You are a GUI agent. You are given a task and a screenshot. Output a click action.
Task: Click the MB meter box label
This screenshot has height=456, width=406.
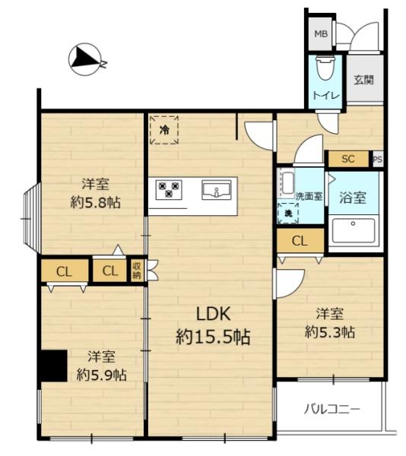click(x=321, y=34)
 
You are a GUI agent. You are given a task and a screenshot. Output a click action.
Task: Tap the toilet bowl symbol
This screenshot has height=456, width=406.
click(x=325, y=68)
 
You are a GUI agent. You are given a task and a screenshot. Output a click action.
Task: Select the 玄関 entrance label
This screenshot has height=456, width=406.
click(x=364, y=79)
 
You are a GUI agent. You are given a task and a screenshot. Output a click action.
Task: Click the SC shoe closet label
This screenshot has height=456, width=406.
click(x=348, y=159)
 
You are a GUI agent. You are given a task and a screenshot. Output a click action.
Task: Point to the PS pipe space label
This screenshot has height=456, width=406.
click(x=378, y=160)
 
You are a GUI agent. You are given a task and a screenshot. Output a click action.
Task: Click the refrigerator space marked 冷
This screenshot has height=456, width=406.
click(x=163, y=130)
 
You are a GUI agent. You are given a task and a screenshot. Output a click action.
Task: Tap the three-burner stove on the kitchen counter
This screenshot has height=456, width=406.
click(x=169, y=189)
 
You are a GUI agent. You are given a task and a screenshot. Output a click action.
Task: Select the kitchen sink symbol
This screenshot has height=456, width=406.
click(x=217, y=190)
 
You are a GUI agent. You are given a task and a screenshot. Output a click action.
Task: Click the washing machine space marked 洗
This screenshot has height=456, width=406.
click(x=288, y=214)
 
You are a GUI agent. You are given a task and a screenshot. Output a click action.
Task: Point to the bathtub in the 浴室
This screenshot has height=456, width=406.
click(x=353, y=230)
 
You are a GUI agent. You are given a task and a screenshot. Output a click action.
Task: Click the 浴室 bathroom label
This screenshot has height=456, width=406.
click(x=353, y=198)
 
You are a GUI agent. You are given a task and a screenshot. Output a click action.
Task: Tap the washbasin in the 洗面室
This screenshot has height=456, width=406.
click(x=287, y=184)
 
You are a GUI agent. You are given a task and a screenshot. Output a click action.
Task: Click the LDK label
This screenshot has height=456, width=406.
click(x=214, y=314)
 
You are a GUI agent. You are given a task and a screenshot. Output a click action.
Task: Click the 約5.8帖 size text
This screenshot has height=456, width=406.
click(x=95, y=202)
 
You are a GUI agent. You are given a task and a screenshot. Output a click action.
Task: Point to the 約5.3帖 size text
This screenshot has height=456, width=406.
click(x=330, y=332)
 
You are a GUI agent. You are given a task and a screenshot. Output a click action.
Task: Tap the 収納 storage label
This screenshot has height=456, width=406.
click(x=137, y=271)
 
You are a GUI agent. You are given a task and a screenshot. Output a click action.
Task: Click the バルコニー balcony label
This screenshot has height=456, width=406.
click(x=331, y=409)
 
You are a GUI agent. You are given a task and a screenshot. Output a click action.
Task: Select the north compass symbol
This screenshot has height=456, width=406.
click(x=86, y=59)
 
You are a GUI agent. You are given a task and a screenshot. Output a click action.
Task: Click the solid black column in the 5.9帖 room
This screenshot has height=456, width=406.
click(x=54, y=366)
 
